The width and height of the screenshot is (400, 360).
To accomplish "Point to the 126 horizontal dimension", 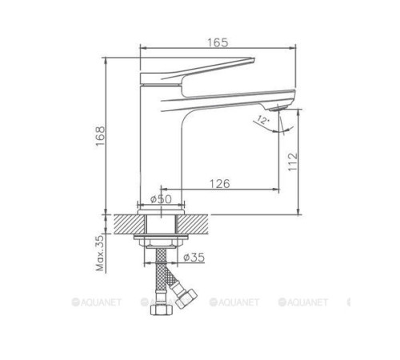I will pos(219,184).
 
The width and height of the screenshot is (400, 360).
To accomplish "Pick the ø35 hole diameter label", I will pos(194,258).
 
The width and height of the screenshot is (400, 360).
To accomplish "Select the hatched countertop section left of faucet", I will pos(128,224).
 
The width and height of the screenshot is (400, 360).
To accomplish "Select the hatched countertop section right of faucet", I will pos(196,224).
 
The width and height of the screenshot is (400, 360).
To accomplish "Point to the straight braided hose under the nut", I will pos(162,272).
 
